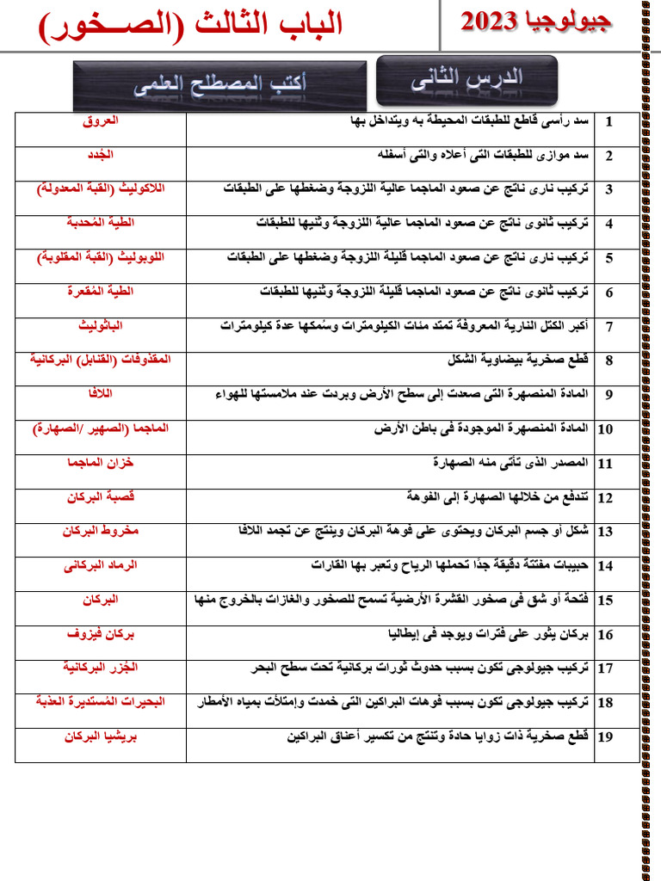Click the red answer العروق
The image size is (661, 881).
click(x=101, y=121)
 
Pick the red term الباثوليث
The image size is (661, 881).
click(x=101, y=326)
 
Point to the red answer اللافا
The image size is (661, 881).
click(x=101, y=394)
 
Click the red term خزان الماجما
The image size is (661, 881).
click(x=101, y=463)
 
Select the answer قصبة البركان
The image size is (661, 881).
click(x=101, y=497)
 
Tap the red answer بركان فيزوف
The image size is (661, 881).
click(x=101, y=634)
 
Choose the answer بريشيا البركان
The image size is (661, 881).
click(x=101, y=736)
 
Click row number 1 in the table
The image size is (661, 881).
click(x=608, y=122)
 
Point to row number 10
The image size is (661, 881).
click(x=605, y=429)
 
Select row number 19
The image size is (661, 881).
click(x=605, y=737)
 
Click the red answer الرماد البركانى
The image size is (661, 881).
click(x=101, y=565)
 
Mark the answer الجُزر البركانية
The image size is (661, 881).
click(x=101, y=668)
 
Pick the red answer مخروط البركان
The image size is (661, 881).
click(x=101, y=531)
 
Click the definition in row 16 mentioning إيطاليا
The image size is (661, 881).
click(x=488, y=635)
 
